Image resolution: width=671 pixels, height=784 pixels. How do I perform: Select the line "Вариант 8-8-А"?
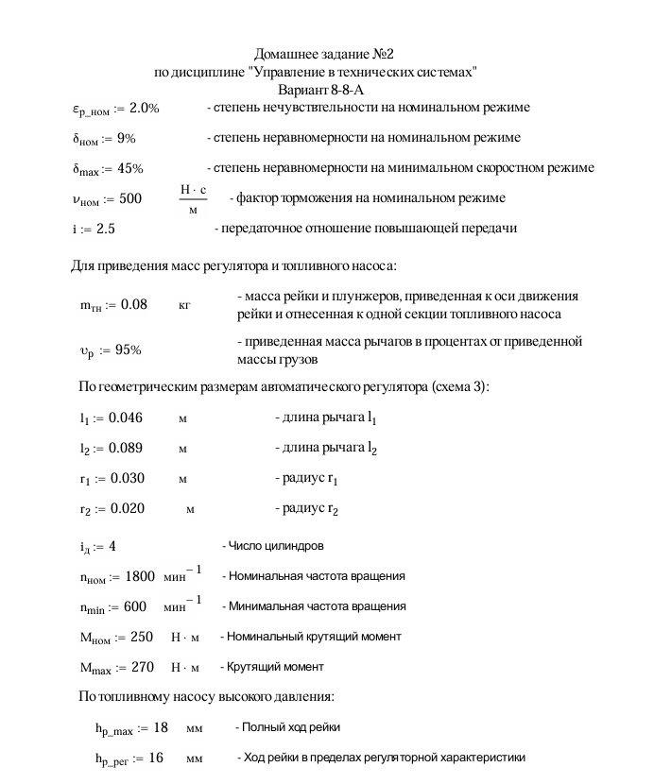pyautogui.click(x=320, y=90)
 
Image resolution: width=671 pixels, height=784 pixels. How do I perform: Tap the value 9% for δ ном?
pyautogui.click(x=127, y=139)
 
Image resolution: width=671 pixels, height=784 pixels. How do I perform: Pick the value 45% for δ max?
pyautogui.click(x=131, y=169)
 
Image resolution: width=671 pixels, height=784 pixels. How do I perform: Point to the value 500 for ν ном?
pyautogui.click(x=129, y=199)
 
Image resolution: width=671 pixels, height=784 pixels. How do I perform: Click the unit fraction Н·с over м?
pyautogui.click(x=193, y=199)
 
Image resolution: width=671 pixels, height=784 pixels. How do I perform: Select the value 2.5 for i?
pyautogui.click(x=106, y=230)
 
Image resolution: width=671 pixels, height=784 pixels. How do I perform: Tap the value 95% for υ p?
pyautogui.click(x=128, y=350)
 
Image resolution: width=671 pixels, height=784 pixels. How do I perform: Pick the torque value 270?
pyautogui.click(x=142, y=668)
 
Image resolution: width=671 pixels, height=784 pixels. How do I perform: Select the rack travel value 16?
pyautogui.click(x=155, y=758)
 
